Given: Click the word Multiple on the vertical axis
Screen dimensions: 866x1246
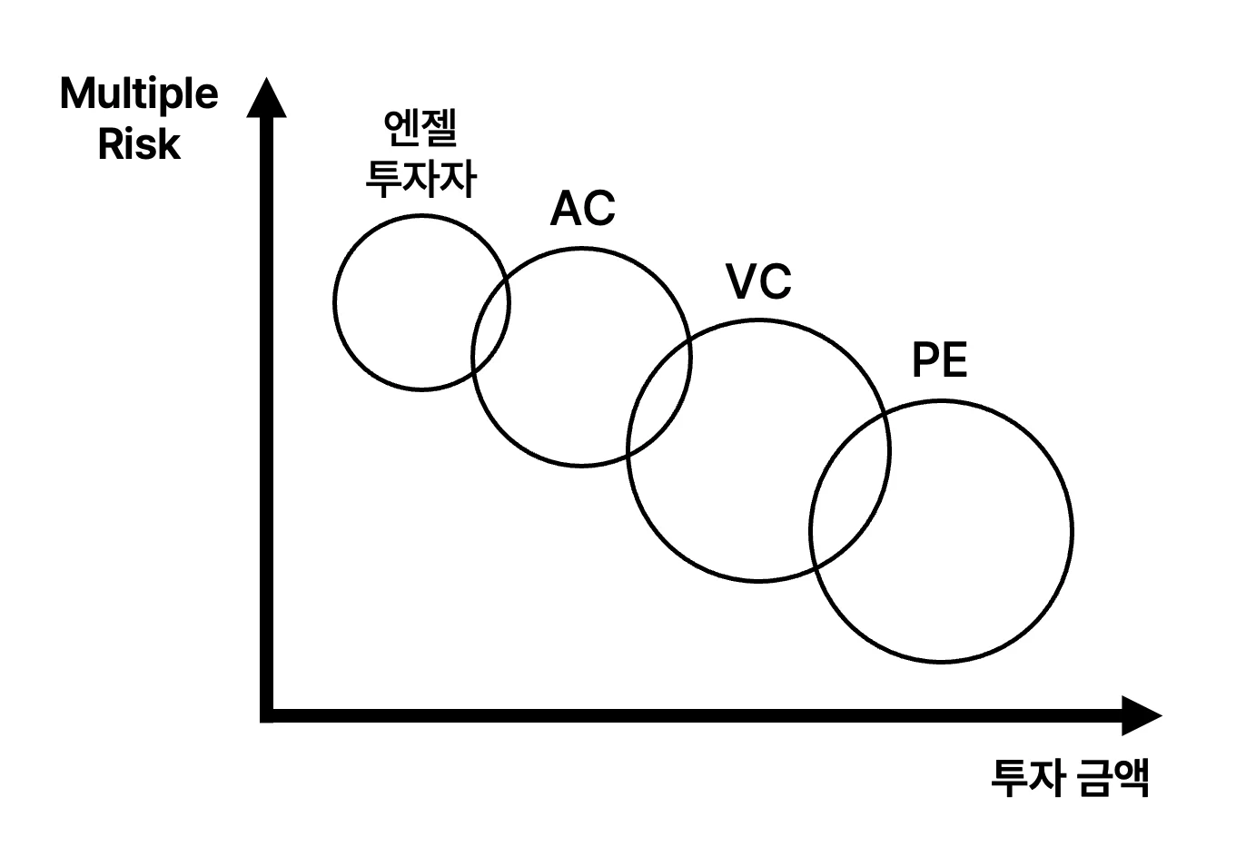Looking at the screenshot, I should pyautogui.click(x=139, y=94).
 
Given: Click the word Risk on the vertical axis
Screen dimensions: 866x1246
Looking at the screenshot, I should pyautogui.click(x=139, y=144).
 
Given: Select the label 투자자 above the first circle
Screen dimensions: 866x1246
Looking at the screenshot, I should pyautogui.click(x=420, y=178).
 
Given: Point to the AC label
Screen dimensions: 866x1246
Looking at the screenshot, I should pyautogui.click(x=582, y=209).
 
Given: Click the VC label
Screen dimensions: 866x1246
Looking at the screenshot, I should pyautogui.click(x=759, y=281).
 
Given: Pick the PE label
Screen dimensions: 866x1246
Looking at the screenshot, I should pyautogui.click(x=939, y=360).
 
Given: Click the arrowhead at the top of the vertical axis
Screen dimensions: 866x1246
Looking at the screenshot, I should pyautogui.click(x=266, y=99).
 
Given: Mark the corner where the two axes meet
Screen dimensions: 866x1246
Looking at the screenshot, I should pyautogui.click(x=267, y=715).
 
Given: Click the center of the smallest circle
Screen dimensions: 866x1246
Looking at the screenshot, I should pyautogui.click(x=421, y=302).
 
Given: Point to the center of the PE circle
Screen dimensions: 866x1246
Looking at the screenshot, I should pyautogui.click(x=941, y=531).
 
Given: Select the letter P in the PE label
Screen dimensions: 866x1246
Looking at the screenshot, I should pyautogui.click(x=925, y=360).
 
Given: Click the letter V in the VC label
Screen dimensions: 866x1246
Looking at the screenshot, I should pyautogui.click(x=742, y=281).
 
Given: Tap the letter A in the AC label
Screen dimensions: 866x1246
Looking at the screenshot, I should pyautogui.click(x=566, y=209).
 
